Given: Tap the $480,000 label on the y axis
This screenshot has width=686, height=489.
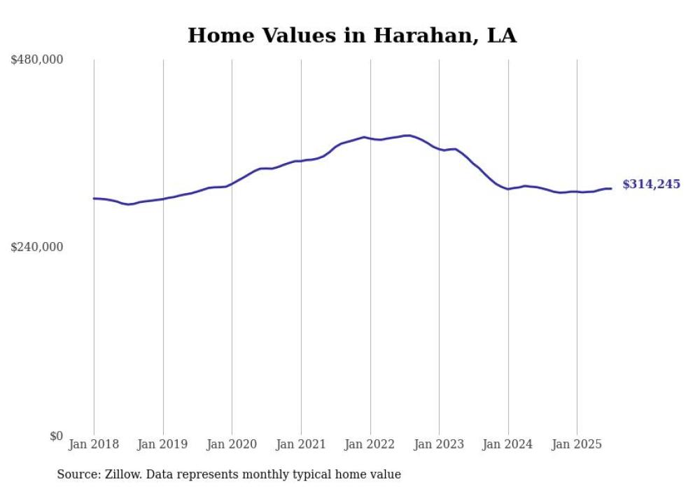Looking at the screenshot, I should pyautogui.click(x=37, y=60).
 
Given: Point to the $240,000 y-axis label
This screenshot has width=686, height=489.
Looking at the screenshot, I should pyautogui.click(x=37, y=247).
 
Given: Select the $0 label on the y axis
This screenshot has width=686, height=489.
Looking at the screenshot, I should pyautogui.click(x=56, y=436).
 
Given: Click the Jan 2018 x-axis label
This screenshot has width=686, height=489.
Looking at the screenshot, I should pyautogui.click(x=94, y=444).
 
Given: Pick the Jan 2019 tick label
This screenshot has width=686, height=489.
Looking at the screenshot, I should pyautogui.click(x=163, y=444).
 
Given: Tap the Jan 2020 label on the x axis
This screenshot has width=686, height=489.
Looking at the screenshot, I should pyautogui.click(x=232, y=444).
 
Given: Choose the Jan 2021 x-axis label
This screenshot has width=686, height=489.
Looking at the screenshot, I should pyautogui.click(x=301, y=444).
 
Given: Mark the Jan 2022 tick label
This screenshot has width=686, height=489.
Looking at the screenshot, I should pyautogui.click(x=370, y=444).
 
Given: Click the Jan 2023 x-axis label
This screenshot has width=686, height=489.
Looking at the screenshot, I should pyautogui.click(x=439, y=444).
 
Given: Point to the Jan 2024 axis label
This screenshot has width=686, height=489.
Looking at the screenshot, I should pyautogui.click(x=508, y=444).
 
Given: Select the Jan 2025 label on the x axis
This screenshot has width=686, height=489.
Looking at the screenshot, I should pyautogui.click(x=577, y=444).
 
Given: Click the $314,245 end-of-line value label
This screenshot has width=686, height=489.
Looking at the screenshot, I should pyautogui.click(x=651, y=185).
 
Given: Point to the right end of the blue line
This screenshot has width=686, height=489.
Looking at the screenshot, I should pyautogui.click(x=611, y=188).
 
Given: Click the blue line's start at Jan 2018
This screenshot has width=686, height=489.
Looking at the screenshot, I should pyautogui.click(x=94, y=199).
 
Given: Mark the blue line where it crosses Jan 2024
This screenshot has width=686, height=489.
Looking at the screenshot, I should pyautogui.click(x=508, y=189).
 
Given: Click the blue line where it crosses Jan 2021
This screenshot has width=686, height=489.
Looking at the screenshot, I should pyautogui.click(x=301, y=161).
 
